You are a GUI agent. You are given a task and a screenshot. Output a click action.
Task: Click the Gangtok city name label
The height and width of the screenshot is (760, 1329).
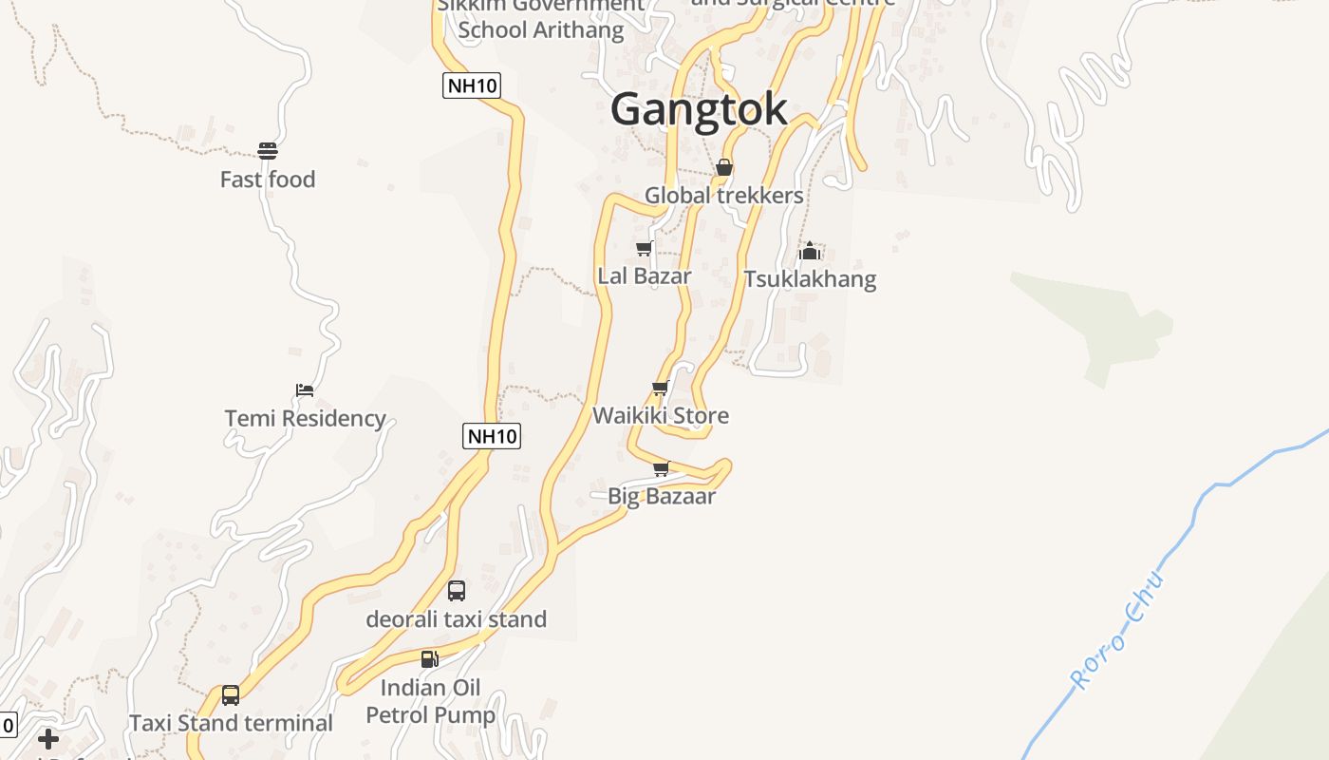pyautogui.click(x=699, y=109)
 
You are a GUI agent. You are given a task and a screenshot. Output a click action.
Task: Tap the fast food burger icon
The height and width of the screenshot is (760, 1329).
pyautogui.click(x=268, y=150)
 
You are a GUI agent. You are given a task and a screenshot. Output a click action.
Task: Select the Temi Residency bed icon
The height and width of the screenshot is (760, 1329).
pyautogui.click(x=305, y=389)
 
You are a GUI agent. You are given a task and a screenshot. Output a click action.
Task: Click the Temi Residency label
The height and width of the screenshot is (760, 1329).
pyautogui.click(x=305, y=418)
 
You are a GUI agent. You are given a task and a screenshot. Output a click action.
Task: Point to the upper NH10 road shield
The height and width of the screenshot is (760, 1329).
pyautogui.click(x=471, y=85)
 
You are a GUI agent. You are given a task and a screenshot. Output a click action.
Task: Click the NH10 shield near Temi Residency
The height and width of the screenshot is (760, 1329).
pyautogui.click(x=492, y=436)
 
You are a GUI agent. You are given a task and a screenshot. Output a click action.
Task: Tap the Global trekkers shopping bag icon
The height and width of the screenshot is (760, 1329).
pyautogui.click(x=724, y=167)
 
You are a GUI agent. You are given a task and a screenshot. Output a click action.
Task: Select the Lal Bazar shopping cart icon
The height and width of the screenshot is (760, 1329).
pyautogui.click(x=645, y=248)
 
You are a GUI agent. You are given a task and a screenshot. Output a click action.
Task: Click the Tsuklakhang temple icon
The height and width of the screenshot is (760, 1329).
pyautogui.click(x=809, y=251)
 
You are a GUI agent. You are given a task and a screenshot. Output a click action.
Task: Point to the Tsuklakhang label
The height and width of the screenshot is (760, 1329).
pyautogui.click(x=810, y=279)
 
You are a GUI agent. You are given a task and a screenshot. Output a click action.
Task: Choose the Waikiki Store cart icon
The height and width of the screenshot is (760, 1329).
pyautogui.click(x=661, y=388)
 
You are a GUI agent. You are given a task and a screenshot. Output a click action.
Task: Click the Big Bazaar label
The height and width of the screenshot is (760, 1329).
pyautogui.click(x=662, y=496)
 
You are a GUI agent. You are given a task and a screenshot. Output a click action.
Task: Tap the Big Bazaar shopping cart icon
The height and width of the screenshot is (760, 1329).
pyautogui.click(x=662, y=468)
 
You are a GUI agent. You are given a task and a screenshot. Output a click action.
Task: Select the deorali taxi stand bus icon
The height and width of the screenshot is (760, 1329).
pyautogui.click(x=457, y=590)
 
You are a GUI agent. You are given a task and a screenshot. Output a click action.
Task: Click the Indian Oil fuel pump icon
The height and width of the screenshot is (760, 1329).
pyautogui.click(x=430, y=658)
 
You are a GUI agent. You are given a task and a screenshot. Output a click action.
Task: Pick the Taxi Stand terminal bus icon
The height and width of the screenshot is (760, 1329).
pyautogui.click(x=231, y=694)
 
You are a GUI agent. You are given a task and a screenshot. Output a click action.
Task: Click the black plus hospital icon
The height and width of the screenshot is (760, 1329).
pyautogui.click(x=48, y=739)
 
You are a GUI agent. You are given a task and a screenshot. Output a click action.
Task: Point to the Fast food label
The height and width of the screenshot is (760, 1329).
pyautogui.click(x=268, y=180)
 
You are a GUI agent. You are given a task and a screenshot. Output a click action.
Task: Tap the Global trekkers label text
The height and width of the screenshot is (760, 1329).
pyautogui.click(x=724, y=196)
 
